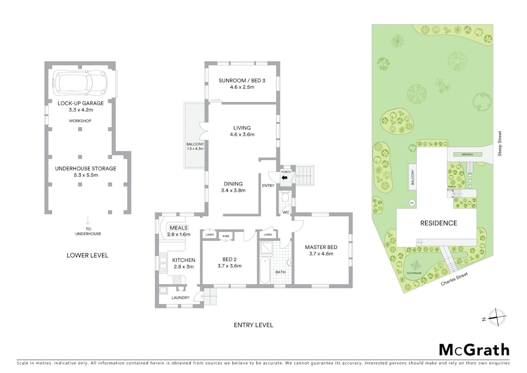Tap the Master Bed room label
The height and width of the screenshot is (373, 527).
pyautogui.click(x=321, y=247)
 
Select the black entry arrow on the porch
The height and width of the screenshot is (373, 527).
pyautogui.click(x=285, y=178)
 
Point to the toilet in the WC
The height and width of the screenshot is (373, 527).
pyautogui.click(x=285, y=198)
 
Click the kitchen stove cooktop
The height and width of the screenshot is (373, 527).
pyautogui.click(x=177, y=279)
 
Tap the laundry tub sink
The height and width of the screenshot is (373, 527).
pyautogui.click(x=163, y=290)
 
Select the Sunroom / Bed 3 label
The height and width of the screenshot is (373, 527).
pyautogui.click(x=242, y=81)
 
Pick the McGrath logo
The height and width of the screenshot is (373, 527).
pyautogui.click(x=474, y=350)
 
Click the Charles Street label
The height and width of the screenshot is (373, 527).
pyautogui.click(x=454, y=279)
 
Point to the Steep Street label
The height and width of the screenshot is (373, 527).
pyautogui.click(x=499, y=143)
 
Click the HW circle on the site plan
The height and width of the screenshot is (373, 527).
pyautogui.click(x=411, y=203)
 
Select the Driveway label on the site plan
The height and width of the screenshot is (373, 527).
pyautogui.click(x=467, y=155)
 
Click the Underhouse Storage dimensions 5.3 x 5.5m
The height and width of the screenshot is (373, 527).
pyautogui.click(x=86, y=175)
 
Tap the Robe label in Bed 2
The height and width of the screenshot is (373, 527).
pyautogui.click(x=226, y=236)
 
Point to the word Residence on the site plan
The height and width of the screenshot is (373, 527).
pyautogui.click(x=438, y=223)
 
